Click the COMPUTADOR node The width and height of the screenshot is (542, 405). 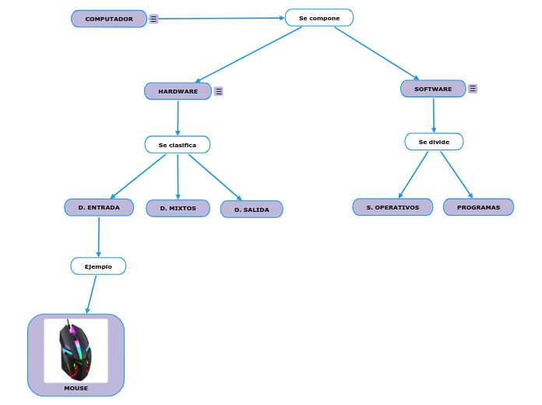pyautogui.click(x=109, y=19)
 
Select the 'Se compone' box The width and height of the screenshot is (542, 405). pyautogui.click(x=319, y=18)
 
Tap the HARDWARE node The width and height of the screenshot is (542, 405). pyautogui.click(x=178, y=91)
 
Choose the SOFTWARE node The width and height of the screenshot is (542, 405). pyautogui.click(x=433, y=89)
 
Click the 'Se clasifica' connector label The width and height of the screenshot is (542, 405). pyautogui.click(x=178, y=145)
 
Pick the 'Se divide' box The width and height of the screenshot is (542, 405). pyautogui.click(x=434, y=142)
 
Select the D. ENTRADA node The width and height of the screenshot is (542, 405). pyautogui.click(x=99, y=208)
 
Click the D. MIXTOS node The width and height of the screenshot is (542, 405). pyautogui.click(x=178, y=209)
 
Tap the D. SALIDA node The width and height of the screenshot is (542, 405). pyautogui.click(x=252, y=210)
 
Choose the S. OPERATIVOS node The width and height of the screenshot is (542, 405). pyautogui.click(x=392, y=207)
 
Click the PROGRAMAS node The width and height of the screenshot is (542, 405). pyautogui.click(x=478, y=207)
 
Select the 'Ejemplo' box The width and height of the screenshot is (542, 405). pyautogui.click(x=98, y=266)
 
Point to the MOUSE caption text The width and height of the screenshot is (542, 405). pyautogui.click(x=76, y=388)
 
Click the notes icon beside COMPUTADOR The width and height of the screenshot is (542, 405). pyautogui.click(x=154, y=19)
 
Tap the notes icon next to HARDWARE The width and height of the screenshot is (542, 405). pyautogui.click(x=219, y=91)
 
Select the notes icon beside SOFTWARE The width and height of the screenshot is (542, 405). pyautogui.click(x=473, y=89)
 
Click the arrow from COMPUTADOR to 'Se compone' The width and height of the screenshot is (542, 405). pyautogui.click(x=218, y=19)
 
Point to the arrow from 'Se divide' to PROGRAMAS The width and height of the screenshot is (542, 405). pyautogui.click(x=456, y=174)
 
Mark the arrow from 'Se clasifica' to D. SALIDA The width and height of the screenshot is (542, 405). pyautogui.click(x=214, y=177)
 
